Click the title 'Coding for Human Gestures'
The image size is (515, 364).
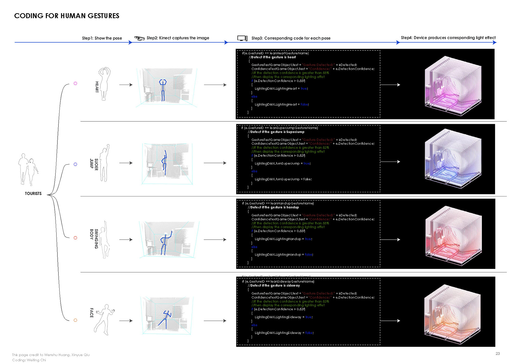[67, 16]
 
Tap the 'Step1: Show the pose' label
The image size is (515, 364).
[102, 38]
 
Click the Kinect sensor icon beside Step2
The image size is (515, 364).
[139, 38]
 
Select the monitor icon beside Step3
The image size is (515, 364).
[242, 38]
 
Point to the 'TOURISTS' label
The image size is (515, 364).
[33, 194]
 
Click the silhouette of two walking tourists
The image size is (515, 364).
[28, 169]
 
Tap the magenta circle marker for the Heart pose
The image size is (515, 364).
[75, 83]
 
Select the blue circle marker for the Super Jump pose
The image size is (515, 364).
[75, 164]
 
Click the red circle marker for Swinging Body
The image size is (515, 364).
[75, 238]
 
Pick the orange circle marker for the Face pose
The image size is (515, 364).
[75, 320]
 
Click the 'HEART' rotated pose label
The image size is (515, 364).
[97, 87]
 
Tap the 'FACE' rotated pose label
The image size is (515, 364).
[91, 313]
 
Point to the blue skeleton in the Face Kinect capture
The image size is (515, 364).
[165, 319]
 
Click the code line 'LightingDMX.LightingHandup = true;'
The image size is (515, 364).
[283, 239]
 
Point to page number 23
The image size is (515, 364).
[498, 354]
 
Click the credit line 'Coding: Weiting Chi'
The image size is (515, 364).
[29, 360]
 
